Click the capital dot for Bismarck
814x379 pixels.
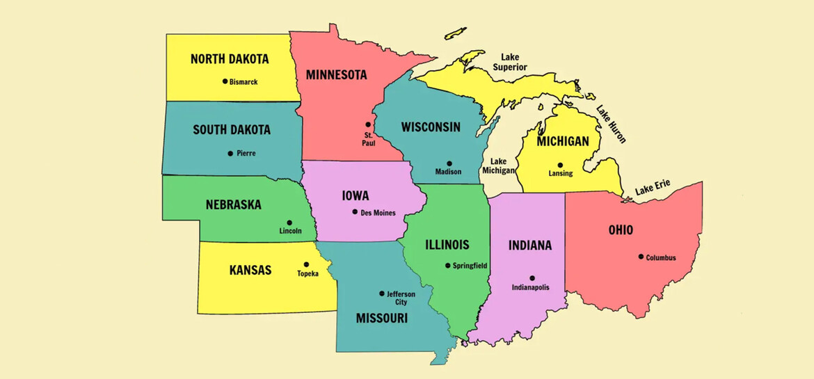(225, 81)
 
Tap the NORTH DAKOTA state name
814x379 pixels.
(229, 59)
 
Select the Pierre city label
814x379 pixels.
(246, 153)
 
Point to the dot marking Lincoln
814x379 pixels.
(289, 223)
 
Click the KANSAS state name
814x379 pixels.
(250, 270)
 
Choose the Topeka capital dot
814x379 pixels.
(306, 264)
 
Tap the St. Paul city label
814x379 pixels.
(368, 138)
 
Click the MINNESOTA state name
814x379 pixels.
(336, 74)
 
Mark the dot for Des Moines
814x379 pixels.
(355, 212)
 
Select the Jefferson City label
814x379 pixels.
(401, 298)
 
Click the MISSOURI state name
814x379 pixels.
(381, 318)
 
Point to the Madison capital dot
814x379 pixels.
(449, 163)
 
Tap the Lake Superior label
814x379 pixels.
(509, 62)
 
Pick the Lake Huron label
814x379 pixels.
(611, 124)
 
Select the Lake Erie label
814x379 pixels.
(652, 187)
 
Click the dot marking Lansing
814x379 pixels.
(560, 165)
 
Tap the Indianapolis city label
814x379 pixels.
(531, 287)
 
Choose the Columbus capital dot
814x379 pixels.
(641, 257)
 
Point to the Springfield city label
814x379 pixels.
(470, 266)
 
